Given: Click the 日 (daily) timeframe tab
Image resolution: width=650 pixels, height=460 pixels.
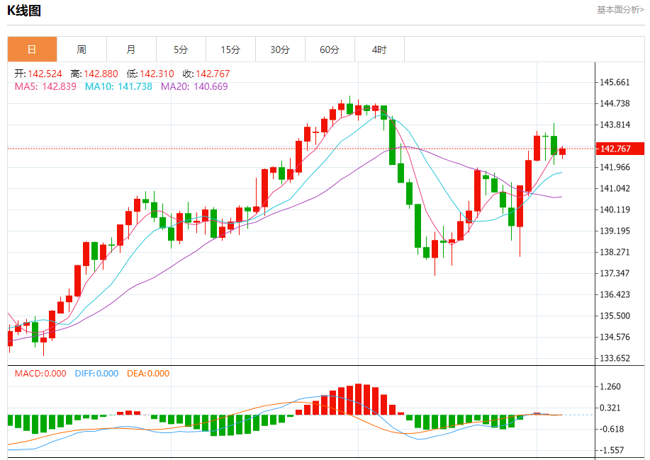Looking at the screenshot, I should point(32,50).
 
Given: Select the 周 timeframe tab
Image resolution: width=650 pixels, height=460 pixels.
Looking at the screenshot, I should point(82,50).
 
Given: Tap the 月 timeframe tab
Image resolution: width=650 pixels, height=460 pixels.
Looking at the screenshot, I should point(131,50).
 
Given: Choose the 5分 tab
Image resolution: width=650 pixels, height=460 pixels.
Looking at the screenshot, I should point(181,50).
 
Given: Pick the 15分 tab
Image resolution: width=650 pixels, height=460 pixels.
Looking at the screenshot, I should point(230,50).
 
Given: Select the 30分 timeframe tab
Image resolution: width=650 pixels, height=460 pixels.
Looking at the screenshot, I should point(280,50).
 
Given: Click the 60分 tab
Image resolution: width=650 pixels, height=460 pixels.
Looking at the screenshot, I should point(330,50).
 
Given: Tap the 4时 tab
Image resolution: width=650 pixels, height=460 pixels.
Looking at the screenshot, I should point(379,50).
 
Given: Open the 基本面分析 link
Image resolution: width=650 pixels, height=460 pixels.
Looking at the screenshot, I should point(620,10).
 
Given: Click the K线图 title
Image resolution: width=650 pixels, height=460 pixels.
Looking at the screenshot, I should point(24,11).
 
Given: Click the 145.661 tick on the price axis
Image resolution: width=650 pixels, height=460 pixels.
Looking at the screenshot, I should point(615,82).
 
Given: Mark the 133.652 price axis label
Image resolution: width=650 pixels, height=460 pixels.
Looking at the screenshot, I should point(615,358).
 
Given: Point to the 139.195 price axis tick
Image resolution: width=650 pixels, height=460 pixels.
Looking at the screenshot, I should point(615,231).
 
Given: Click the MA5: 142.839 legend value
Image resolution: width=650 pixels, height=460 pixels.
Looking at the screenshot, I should point(45,86).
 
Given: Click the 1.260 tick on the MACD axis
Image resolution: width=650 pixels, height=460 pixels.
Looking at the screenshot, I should point(611,386).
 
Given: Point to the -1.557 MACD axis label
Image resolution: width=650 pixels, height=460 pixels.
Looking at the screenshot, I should point(611,450).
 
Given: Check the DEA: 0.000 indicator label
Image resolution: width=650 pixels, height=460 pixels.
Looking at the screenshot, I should point(148,374).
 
